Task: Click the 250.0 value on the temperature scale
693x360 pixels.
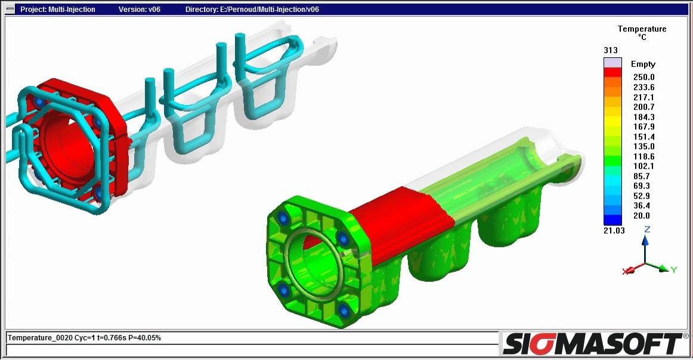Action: coord(643,77)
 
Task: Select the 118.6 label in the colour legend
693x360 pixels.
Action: coord(643,156)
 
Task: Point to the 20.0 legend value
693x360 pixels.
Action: coord(642,216)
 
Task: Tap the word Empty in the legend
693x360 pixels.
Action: coord(643,64)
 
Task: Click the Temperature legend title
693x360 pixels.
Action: coord(642,29)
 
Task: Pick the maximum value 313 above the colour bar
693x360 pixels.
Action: coord(610,50)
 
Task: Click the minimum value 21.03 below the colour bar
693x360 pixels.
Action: coord(614,231)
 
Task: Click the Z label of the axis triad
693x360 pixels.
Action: coord(647,229)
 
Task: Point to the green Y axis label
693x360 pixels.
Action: coord(673,270)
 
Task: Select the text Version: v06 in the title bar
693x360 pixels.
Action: coord(140,10)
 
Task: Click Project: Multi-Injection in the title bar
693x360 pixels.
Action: coord(58,10)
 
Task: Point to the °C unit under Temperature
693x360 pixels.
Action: coord(642,37)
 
